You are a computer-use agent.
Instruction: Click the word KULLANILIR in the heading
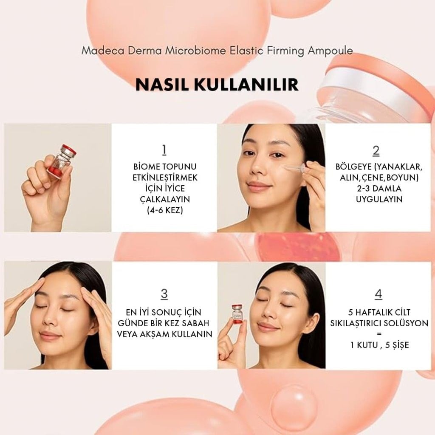[247, 84]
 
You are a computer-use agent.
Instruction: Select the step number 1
[164, 150]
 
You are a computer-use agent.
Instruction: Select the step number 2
[376, 150]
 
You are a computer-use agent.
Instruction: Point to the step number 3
[164, 294]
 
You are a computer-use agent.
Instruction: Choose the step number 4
[379, 294]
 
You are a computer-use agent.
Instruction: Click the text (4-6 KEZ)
[164, 210]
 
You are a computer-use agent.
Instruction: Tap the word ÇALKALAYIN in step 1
[164, 199]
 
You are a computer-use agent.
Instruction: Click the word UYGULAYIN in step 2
[379, 199]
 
